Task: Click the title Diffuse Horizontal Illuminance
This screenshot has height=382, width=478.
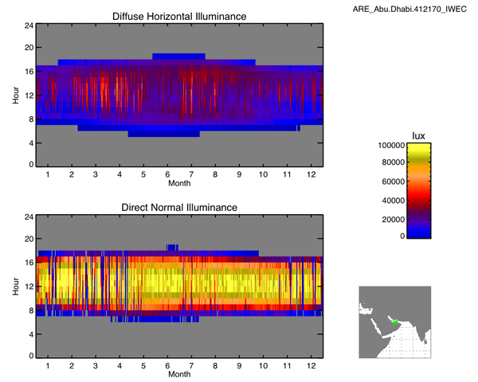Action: pyautogui.click(x=178, y=16)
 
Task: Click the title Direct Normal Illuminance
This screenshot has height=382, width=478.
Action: pyautogui.click(x=178, y=207)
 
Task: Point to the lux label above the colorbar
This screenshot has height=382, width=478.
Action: pyautogui.click(x=417, y=135)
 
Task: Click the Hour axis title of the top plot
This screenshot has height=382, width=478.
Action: pyautogui.click(x=16, y=95)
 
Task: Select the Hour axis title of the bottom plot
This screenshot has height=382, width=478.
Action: pyautogui.click(x=16, y=286)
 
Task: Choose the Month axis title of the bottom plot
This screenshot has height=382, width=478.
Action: pyautogui.click(x=178, y=374)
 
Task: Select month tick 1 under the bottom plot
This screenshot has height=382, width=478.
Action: pyautogui.click(x=47, y=365)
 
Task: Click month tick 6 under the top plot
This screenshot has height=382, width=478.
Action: pyautogui.click(x=168, y=174)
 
